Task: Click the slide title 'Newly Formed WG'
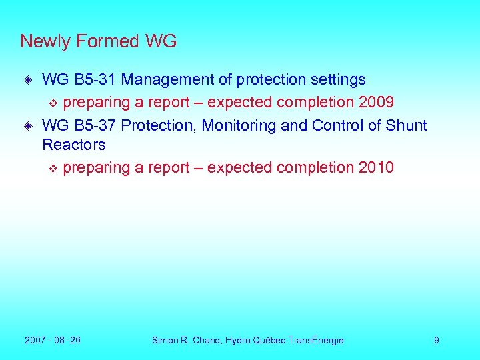[99, 41]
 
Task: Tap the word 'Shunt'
[405, 125]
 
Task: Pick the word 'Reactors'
[73, 145]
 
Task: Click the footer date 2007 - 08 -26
[53, 341]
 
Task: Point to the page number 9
[436, 341]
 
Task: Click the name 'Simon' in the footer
[165, 341]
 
